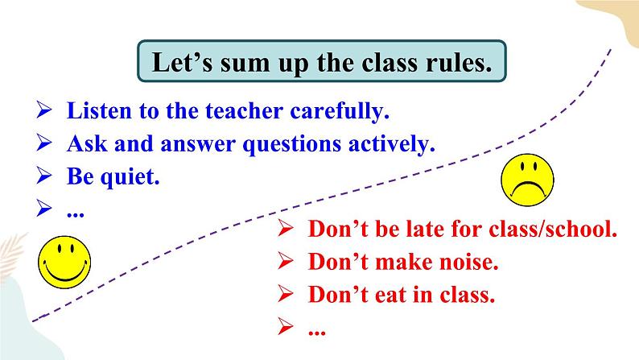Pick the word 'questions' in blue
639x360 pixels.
point(287,144)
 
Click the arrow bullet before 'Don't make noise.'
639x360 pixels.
point(286,262)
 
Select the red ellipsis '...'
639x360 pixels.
point(317,328)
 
